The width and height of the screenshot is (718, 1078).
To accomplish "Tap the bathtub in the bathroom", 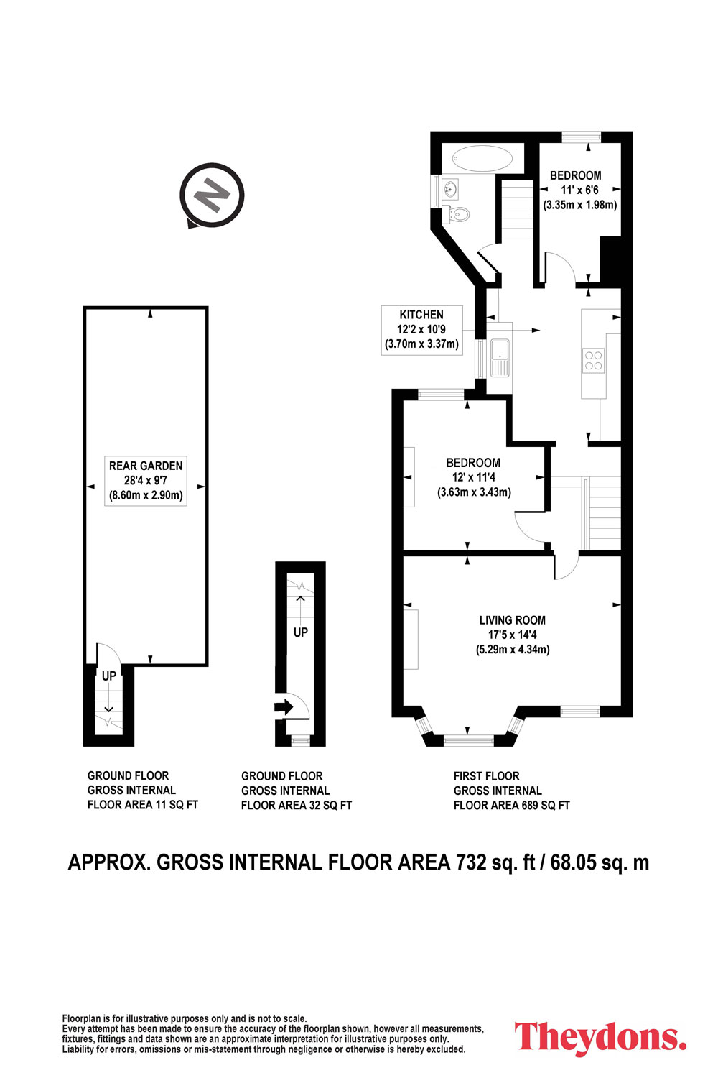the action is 482,158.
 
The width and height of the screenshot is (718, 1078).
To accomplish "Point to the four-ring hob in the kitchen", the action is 593,361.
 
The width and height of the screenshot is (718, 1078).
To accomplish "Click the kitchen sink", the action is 500,358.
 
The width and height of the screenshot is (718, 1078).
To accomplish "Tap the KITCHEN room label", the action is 421,315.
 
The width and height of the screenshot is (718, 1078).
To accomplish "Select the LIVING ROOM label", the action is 512,620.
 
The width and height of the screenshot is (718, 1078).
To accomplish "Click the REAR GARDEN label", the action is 146,466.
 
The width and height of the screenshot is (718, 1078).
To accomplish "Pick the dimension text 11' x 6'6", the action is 579,190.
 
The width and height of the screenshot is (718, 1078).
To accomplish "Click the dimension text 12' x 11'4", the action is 474,477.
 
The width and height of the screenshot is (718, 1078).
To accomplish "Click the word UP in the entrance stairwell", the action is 301,632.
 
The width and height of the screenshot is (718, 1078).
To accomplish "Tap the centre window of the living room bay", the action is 468,740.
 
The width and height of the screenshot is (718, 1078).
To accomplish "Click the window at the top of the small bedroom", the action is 582,137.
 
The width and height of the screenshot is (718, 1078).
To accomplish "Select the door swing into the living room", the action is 567,567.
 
